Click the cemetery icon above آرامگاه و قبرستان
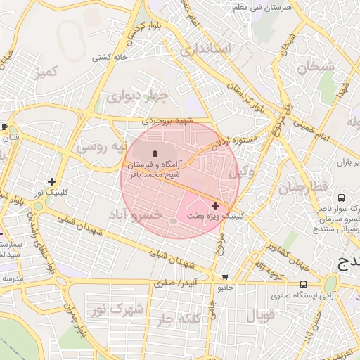point(155,153)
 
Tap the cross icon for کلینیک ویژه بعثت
point(214,205)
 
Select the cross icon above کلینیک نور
point(51,181)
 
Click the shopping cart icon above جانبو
point(224,277)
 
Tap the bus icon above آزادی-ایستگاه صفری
point(303,284)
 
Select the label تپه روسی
point(102,147)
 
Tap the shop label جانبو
point(224,288)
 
